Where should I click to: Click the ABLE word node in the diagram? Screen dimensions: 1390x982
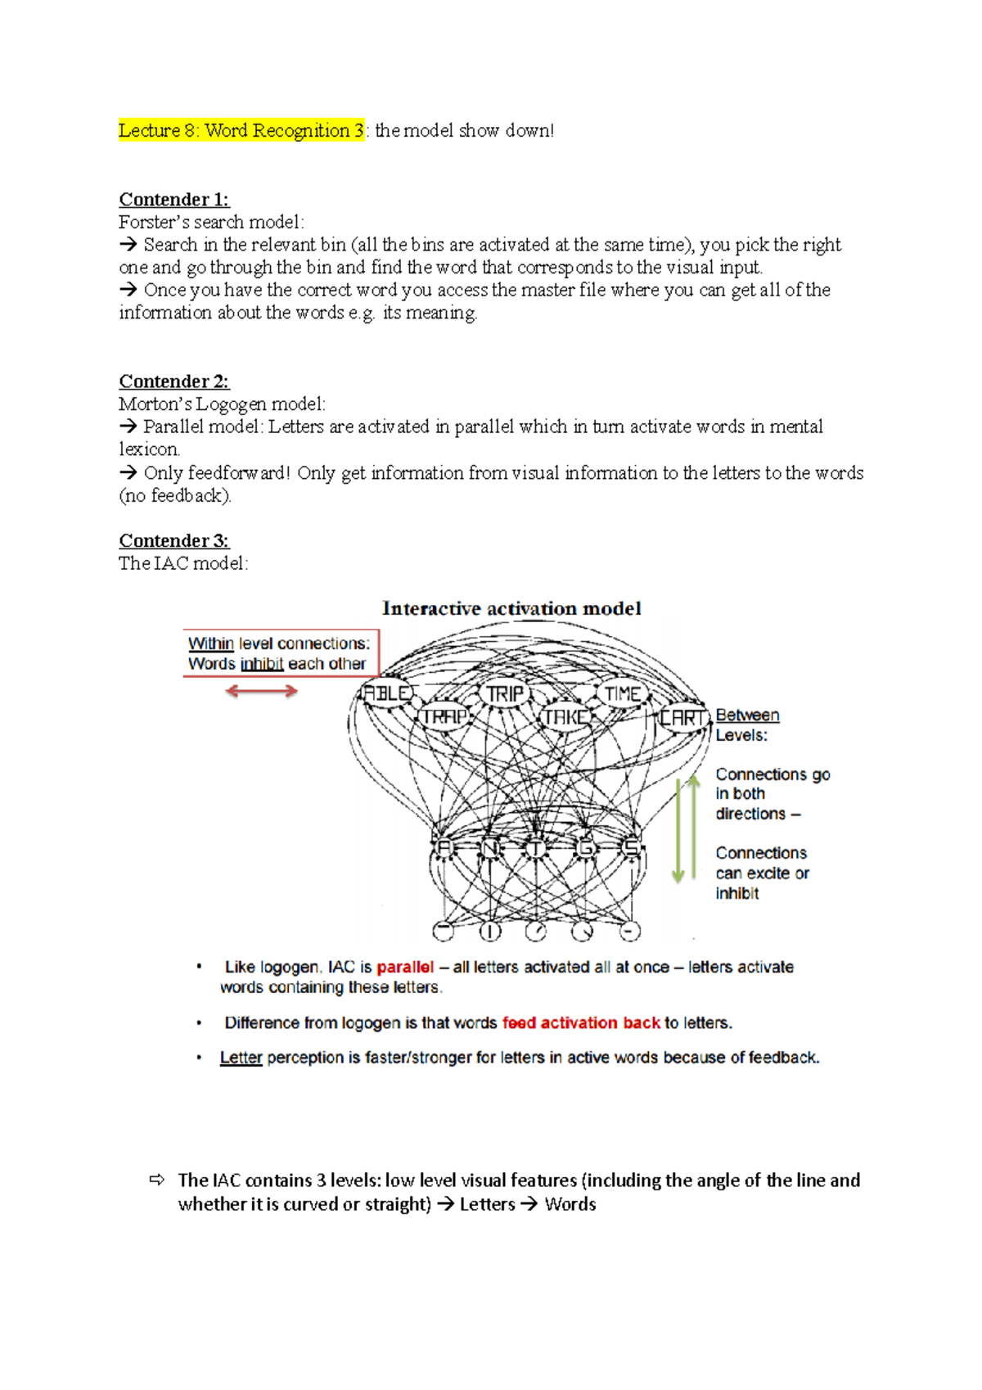pos(386,693)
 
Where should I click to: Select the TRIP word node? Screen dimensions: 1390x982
pos(504,693)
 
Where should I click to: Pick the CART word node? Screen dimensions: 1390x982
pos(682,718)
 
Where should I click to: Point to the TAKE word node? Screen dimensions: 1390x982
pos(565,717)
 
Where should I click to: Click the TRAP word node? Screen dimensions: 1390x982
pos(444,717)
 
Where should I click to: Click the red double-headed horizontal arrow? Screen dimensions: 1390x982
pos(261,692)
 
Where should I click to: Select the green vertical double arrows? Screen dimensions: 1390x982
pos(686,828)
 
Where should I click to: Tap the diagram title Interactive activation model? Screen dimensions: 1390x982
pos(511,608)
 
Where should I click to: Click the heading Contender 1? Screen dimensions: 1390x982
pos(173,200)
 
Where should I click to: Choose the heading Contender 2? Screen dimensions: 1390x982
pos(173,381)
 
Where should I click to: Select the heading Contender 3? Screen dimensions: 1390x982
pos(173,541)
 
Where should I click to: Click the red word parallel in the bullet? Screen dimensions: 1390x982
pos(405,967)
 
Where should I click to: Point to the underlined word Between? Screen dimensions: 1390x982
pos(747,715)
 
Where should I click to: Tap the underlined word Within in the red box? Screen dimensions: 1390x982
pos(211,643)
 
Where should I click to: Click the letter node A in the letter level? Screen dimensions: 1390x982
pos(444,848)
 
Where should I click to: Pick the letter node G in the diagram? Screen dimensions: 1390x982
pos(586,848)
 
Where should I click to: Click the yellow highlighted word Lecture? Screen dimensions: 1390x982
pos(150,130)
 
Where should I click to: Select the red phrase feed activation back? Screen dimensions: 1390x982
pos(581,1022)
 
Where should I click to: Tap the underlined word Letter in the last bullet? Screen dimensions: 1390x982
pos(241,1058)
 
